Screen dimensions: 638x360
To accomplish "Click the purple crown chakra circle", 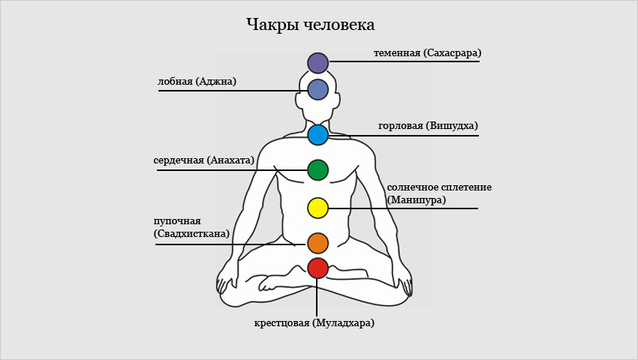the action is coord(317,63).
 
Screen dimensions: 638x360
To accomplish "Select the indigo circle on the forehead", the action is coord(317,89).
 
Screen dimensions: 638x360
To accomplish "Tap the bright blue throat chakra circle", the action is coord(317,135).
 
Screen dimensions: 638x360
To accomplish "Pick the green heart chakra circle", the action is coord(317,170).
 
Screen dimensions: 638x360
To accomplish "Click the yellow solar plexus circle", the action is coord(317,208).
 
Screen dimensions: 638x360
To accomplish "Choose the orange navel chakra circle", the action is coord(317,243).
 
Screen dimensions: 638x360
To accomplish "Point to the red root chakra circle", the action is coord(317,268).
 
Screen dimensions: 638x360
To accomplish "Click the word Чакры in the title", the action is coord(272,25).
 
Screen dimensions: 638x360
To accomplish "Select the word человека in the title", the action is coord(339,25).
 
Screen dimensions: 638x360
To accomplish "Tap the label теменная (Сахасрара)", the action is coord(427,53).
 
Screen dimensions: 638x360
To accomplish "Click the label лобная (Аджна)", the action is coord(197,81).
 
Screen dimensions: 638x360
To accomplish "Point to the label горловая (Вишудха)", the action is coord(428,126).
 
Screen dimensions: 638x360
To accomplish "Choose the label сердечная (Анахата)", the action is coord(203,160).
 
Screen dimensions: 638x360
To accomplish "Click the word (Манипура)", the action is coord(417,200).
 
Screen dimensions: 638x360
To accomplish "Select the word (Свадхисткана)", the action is coord(191,234).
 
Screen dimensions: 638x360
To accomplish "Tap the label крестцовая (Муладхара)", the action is coord(314,323).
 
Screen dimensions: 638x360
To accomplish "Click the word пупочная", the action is coord(177,222).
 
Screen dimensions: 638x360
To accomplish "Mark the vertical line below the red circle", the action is coord(317,297).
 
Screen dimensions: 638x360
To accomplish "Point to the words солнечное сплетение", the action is coord(439,187).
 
